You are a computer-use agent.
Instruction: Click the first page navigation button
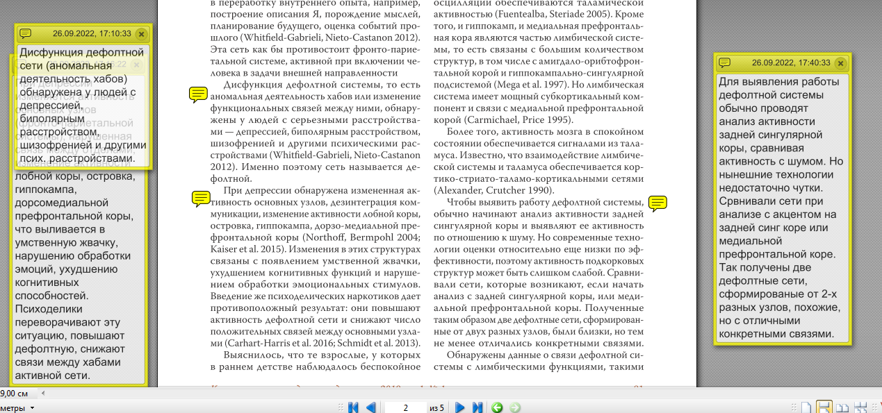coord(353,407)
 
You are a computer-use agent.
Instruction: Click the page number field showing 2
coord(405,407)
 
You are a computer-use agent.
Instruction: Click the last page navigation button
coord(477,407)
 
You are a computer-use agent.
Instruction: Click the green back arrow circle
coord(497,407)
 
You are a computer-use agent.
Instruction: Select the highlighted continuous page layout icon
coord(824,407)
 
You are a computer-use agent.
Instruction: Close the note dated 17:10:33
coord(141,33)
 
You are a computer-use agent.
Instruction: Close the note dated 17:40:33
coord(840,63)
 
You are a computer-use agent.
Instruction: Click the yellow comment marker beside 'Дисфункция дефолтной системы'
coord(198,94)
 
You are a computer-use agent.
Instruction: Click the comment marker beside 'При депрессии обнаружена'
coord(200,199)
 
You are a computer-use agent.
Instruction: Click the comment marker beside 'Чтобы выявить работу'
coord(658,203)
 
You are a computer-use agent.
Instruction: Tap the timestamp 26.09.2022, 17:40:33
coord(791,63)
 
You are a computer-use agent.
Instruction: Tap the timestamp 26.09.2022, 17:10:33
coord(92,33)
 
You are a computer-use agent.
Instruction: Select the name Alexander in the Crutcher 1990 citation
coord(459,189)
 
